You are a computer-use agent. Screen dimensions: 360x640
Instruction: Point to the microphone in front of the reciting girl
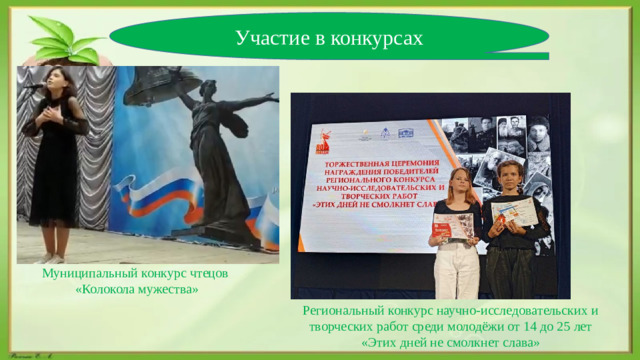(34, 88)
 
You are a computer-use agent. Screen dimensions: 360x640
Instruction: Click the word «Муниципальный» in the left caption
(95, 273)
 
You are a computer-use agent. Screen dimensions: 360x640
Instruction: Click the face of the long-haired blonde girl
(461, 182)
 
